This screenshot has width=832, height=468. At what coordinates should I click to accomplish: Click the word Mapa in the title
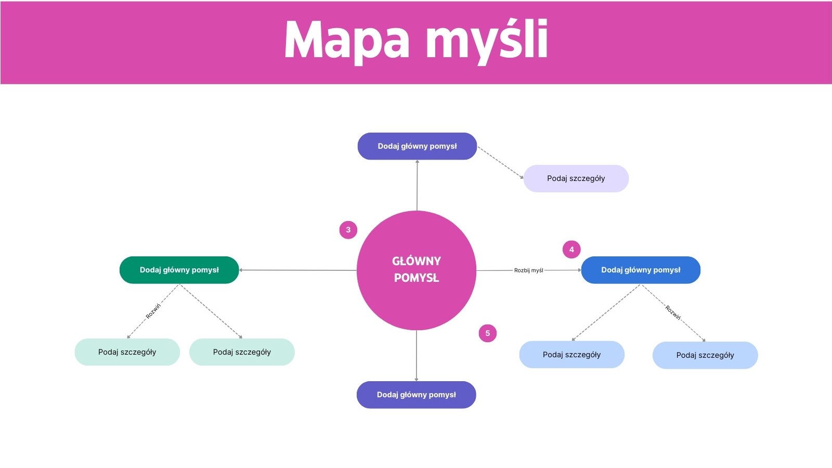coord(347,41)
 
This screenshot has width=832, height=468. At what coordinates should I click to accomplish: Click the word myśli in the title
coord(487,41)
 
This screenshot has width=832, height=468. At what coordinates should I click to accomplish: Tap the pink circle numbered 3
coord(348,230)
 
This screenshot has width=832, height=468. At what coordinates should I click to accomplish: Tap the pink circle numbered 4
coord(571,250)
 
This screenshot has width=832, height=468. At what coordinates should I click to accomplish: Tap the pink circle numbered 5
coord(488,333)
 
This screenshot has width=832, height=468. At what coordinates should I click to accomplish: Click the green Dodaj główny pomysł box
coord(179,270)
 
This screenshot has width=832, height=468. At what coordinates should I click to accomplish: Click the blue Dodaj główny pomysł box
coord(641,270)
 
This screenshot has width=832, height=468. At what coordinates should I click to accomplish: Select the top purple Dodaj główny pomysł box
coord(417,146)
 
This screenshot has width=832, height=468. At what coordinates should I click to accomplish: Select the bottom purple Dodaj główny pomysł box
coord(417,395)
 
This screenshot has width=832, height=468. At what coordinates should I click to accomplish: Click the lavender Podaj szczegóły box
coord(576,178)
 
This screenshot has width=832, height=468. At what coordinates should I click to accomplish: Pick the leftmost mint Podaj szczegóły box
coord(127,352)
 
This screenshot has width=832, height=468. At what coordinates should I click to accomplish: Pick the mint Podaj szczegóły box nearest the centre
coord(242,352)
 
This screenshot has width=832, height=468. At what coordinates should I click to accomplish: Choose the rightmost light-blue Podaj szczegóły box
coord(705,355)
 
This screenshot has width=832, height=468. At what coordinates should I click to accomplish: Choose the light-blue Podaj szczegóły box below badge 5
coord(572,355)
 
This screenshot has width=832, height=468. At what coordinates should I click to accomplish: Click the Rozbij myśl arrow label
coord(528,270)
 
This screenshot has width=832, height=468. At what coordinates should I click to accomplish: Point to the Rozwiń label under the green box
coord(153,311)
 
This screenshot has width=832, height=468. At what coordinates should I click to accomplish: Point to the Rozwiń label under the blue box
coord(673,313)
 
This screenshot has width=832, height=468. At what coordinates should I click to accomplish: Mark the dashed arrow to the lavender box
coord(500,162)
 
